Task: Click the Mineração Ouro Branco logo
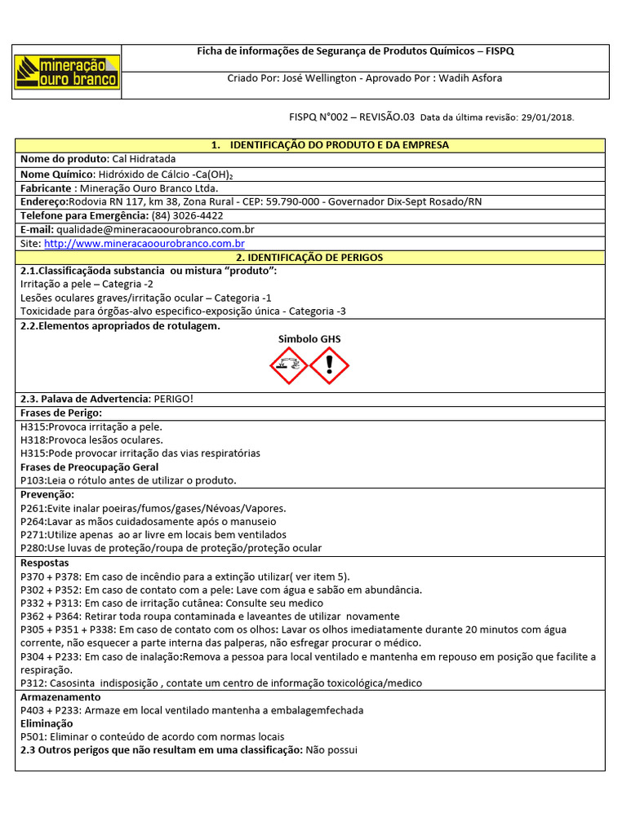[x=69, y=72]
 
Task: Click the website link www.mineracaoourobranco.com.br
[x=145, y=244]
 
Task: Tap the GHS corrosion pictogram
[x=288, y=364]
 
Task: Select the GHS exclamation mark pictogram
[x=330, y=364]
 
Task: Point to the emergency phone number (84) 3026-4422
[x=187, y=216]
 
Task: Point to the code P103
[x=33, y=480]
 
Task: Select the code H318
[x=33, y=440]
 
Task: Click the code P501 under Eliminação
[x=33, y=736]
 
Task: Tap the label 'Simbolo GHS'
[x=309, y=339]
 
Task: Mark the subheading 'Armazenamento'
[x=60, y=697]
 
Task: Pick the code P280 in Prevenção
[x=33, y=548]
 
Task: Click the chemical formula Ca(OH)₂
[x=218, y=174]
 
